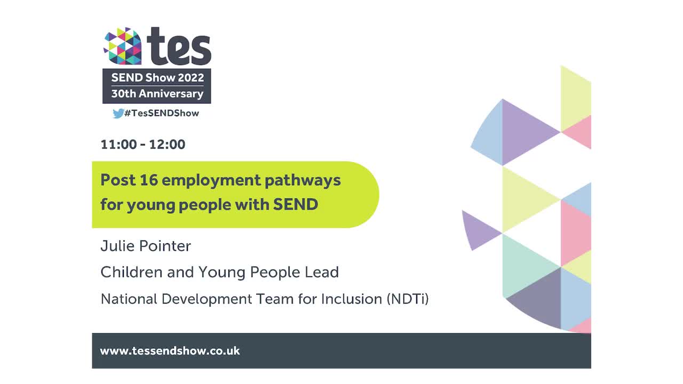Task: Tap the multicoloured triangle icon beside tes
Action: click(123, 46)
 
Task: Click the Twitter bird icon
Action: click(118, 113)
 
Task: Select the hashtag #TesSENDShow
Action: click(162, 113)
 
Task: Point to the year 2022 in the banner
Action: click(191, 77)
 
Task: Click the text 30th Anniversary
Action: click(157, 94)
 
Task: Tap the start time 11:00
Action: click(118, 145)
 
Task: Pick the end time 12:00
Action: click(167, 145)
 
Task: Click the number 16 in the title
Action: click(148, 180)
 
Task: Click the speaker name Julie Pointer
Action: click(146, 246)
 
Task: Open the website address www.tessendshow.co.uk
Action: click(170, 351)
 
